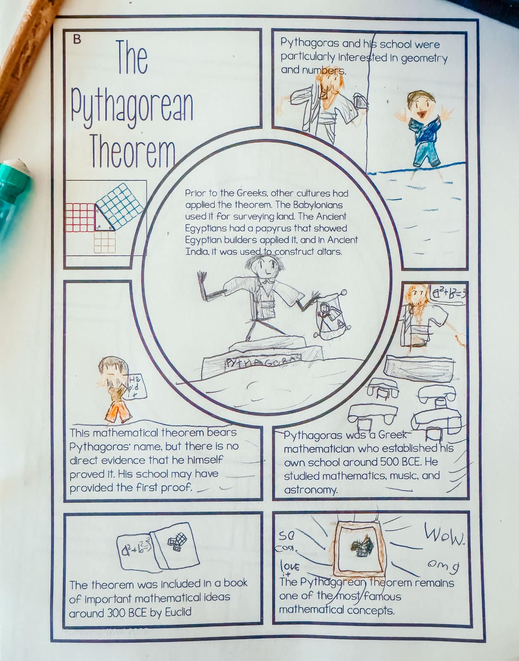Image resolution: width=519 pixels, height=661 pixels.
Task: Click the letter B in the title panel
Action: pos(77,39)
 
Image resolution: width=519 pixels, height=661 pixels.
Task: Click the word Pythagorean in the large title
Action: pos(131,106)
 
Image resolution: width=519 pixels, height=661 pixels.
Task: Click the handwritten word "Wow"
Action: pos(444,535)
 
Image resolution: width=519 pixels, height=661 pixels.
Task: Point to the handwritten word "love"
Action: pos(290,566)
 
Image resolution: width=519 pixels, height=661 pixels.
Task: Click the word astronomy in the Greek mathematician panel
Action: pos(310,490)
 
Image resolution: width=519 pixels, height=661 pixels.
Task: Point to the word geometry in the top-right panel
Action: pos(424,57)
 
